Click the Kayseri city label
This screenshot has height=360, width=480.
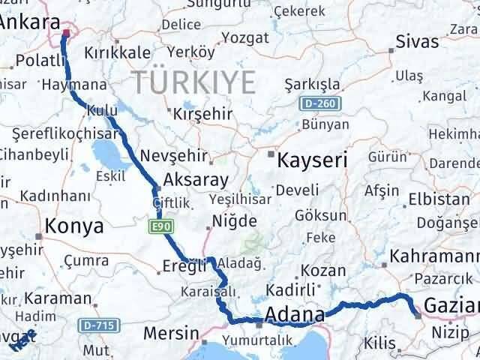point(312,159)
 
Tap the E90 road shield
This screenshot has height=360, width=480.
point(156,224)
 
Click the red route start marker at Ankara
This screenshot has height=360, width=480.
point(65,32)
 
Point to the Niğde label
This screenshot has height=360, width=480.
point(233,220)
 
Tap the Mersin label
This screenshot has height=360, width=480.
point(172,333)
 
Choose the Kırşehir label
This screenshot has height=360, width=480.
point(199,114)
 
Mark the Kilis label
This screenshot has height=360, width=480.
point(379,343)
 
